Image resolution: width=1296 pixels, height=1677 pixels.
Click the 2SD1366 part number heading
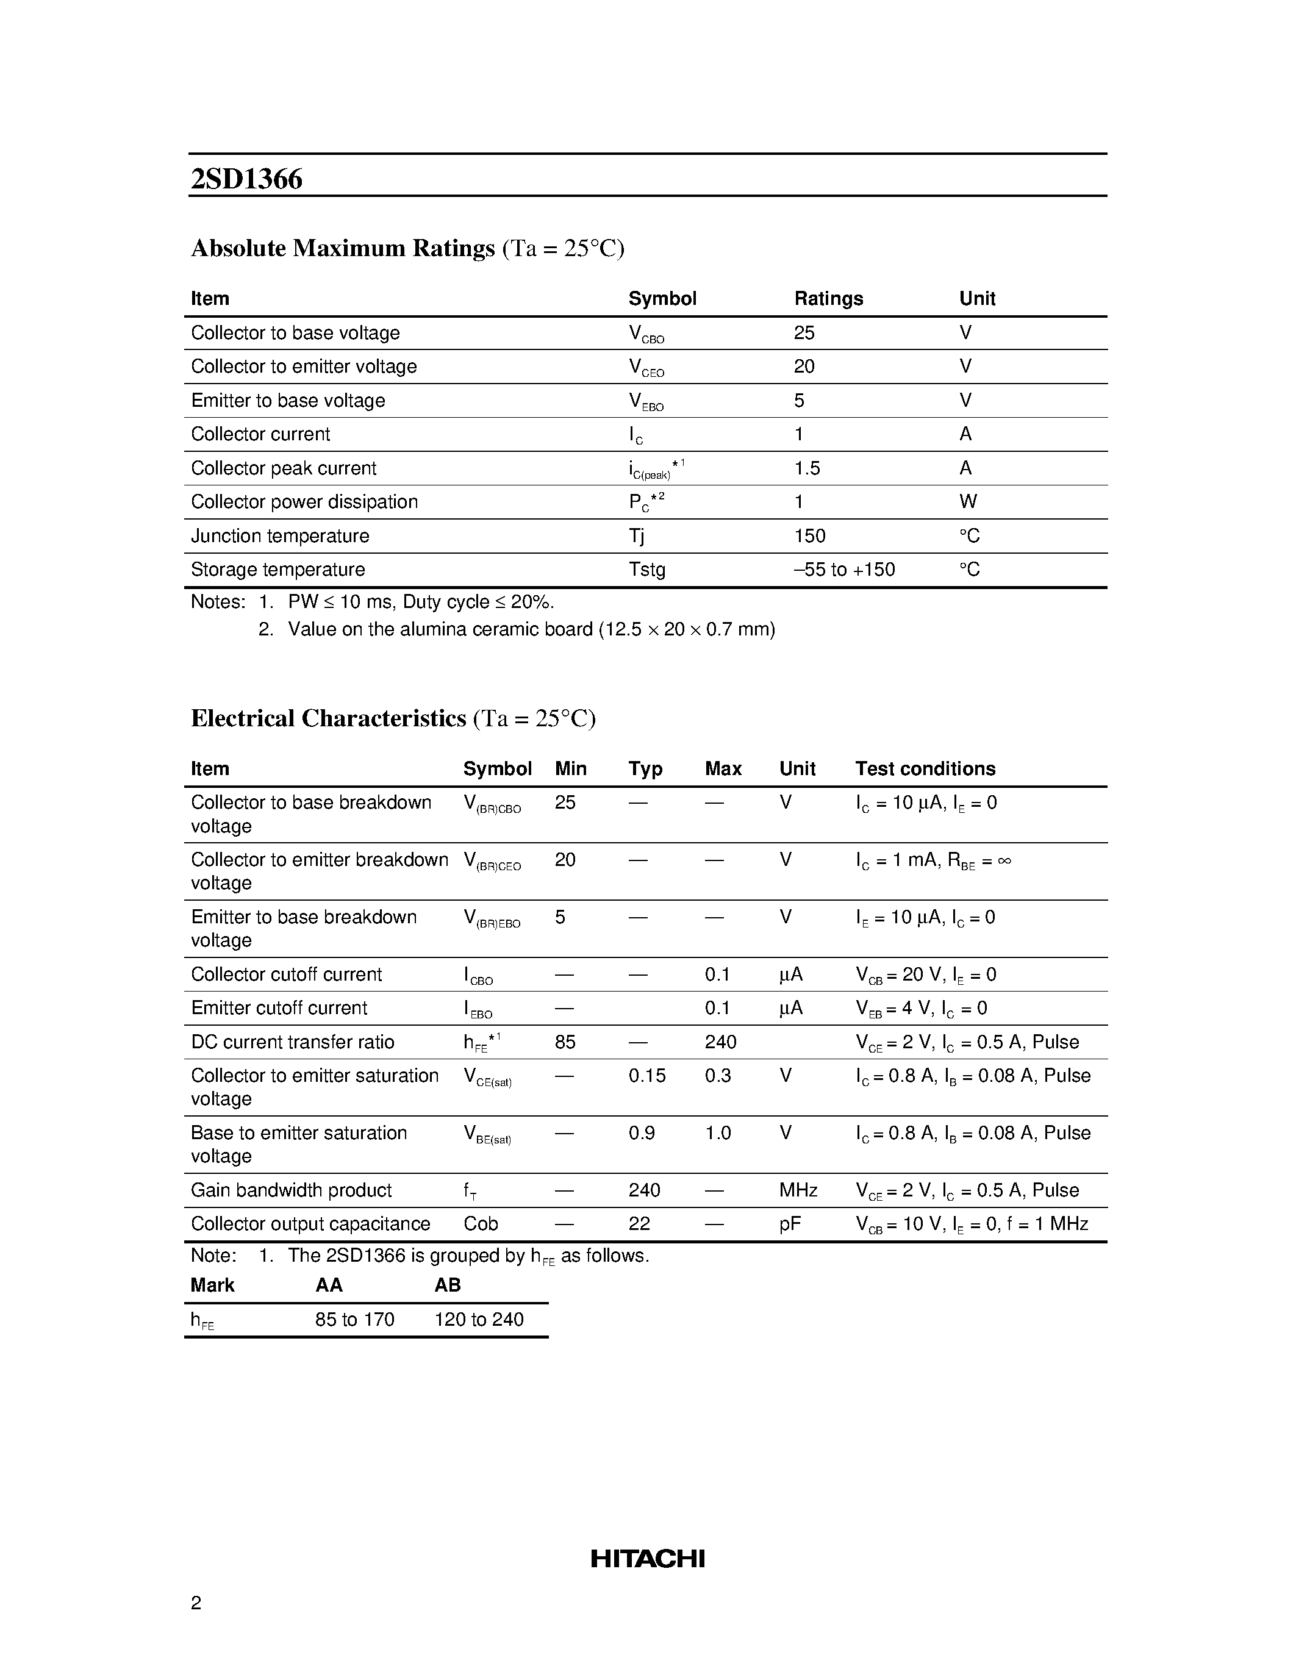click(246, 179)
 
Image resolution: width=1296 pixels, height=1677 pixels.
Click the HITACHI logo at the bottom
click(647, 1558)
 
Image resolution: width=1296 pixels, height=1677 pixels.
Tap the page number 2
click(196, 1602)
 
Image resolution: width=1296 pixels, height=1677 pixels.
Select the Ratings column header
click(828, 299)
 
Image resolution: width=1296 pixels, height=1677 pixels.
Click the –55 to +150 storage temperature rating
click(844, 570)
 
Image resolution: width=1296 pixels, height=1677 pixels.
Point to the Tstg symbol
click(646, 570)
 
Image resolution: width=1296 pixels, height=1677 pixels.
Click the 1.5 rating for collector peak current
click(806, 468)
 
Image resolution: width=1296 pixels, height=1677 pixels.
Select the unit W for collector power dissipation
click(967, 502)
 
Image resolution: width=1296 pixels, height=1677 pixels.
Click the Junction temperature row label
click(279, 536)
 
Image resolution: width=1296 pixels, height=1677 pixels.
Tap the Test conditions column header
click(925, 768)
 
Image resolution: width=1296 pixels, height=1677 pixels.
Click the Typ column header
click(645, 768)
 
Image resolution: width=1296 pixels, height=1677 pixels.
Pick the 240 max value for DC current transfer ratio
click(720, 1042)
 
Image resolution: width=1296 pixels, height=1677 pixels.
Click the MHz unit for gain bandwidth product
click(798, 1190)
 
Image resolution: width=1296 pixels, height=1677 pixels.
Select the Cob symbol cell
click(480, 1224)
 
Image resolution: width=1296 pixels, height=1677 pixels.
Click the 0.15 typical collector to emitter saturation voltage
click(646, 1076)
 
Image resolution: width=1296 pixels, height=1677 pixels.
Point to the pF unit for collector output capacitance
click(789, 1224)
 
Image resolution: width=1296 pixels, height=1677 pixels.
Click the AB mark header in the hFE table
click(447, 1285)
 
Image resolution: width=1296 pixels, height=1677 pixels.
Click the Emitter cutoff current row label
click(279, 1008)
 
